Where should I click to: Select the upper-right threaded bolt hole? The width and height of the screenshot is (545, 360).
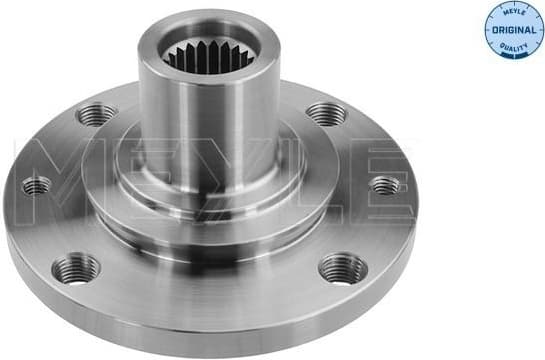click(326, 112)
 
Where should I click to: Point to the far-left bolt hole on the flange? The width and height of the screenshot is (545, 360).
click(37, 185)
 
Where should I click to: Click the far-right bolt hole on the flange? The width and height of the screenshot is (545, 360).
click(385, 184)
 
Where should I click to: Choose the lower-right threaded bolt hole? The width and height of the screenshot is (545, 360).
click(343, 268)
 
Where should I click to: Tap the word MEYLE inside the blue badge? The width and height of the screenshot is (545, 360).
click(509, 14)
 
